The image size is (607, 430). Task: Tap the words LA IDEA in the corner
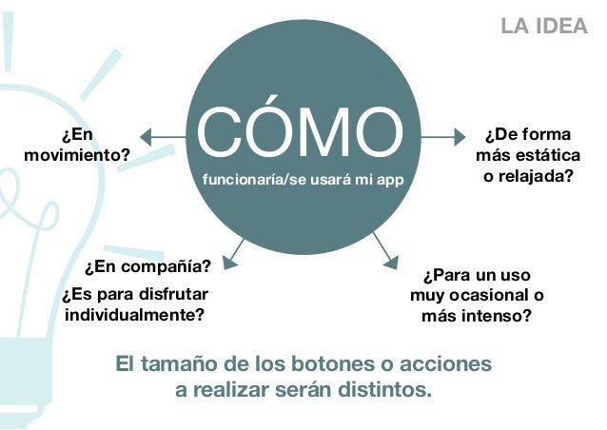click(x=544, y=26)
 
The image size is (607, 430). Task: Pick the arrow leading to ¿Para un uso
click(x=385, y=249)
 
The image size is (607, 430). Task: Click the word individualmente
click(x=134, y=313)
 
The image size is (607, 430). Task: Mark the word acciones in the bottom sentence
click(x=453, y=364)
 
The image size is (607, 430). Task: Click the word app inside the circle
click(x=393, y=178)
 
